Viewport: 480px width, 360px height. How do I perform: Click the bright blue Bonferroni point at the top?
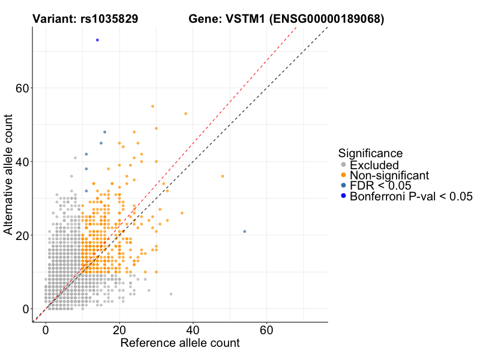[x=97, y=40]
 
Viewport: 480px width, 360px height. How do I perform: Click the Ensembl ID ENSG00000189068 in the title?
[x=326, y=19]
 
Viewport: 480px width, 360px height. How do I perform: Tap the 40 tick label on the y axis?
[x=22, y=162]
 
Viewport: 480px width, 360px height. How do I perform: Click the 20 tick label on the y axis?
[x=22, y=235]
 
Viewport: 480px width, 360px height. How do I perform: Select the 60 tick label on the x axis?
[x=267, y=330]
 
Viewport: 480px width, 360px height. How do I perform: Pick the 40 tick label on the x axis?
[x=193, y=330]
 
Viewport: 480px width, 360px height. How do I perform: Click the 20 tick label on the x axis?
[x=119, y=330]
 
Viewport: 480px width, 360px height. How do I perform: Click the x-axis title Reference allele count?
[x=180, y=343]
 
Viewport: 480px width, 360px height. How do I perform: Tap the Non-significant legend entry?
[x=389, y=175]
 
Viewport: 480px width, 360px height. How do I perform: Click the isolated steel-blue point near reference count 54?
[x=245, y=232]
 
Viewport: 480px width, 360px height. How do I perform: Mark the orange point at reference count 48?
[x=223, y=176]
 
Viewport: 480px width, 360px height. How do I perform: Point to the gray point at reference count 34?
[x=171, y=294]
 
